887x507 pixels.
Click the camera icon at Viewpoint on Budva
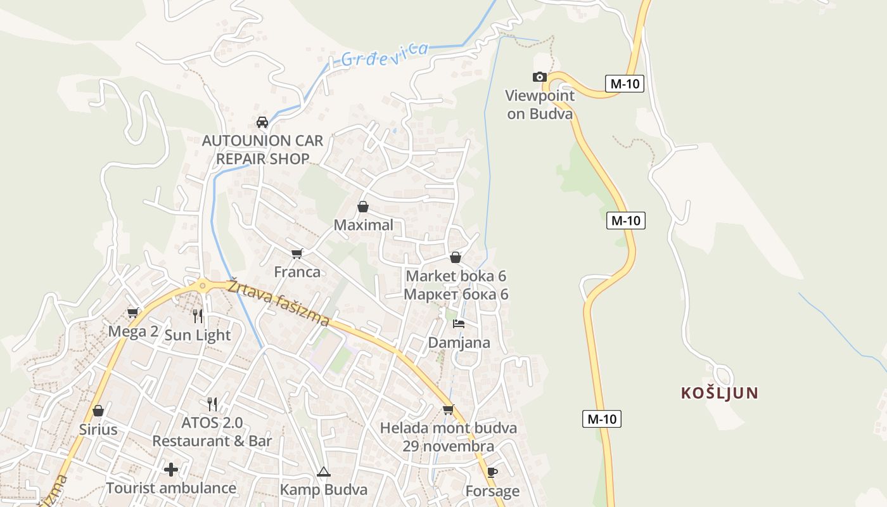540,77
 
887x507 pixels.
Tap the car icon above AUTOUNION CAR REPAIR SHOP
262,122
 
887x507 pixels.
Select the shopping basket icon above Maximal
363,207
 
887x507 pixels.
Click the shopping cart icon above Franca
297,253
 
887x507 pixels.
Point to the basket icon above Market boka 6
455,257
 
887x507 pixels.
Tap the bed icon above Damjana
459,324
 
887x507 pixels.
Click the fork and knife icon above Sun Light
198,316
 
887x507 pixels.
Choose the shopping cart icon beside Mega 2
133,312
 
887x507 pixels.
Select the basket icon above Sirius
98,411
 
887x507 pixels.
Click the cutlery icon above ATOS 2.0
212,404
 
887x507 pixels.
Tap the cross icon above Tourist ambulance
171,470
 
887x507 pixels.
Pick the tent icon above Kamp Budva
324,472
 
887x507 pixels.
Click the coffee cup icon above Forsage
492,472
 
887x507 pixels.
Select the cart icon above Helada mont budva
449,410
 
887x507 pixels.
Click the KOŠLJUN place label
719,393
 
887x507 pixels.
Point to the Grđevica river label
385,55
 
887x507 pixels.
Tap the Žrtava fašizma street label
279,302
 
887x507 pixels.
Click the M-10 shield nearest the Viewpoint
624,84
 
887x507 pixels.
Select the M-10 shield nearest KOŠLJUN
602,419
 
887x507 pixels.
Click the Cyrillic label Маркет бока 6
456,295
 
